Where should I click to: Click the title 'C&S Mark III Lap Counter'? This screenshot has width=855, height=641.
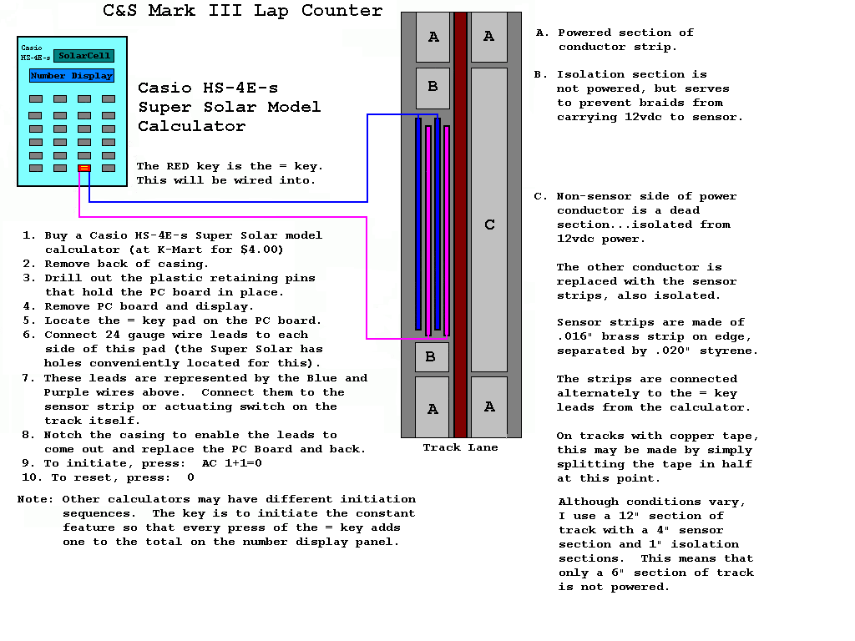[243, 11]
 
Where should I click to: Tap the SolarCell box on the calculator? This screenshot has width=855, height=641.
[84, 56]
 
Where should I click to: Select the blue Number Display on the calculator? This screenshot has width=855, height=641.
[72, 76]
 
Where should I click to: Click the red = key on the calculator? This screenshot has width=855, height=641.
[84, 169]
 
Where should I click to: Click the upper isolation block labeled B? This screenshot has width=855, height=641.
[433, 88]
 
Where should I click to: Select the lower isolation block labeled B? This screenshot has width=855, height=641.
[432, 357]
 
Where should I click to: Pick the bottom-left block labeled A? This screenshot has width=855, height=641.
[433, 408]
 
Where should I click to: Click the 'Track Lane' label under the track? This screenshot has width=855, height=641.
[460, 448]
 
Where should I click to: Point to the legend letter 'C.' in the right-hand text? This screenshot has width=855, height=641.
[541, 197]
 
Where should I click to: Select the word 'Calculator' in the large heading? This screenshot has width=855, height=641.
[191, 127]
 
